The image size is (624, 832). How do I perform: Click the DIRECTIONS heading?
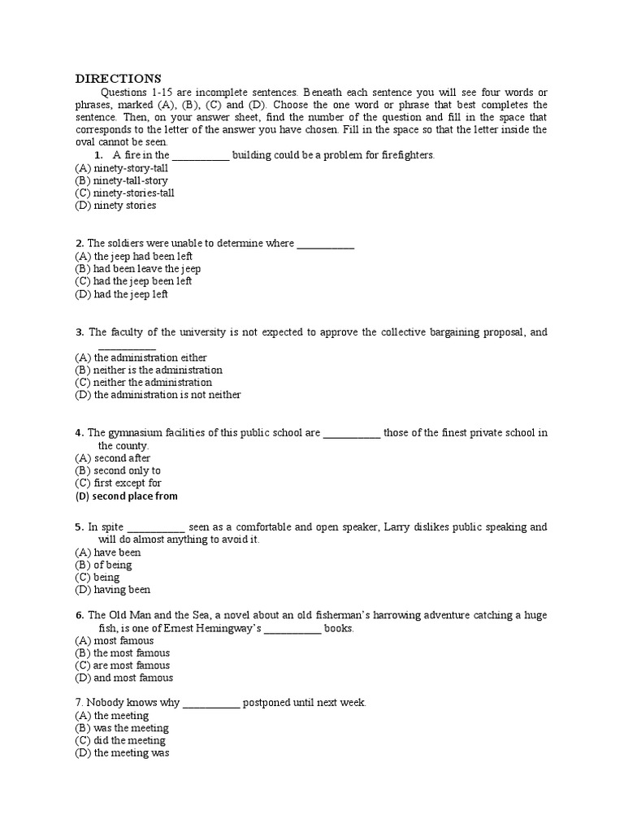[x=119, y=79]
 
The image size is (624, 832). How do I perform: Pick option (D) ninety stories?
[x=115, y=206]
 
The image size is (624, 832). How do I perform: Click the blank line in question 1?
[x=201, y=155]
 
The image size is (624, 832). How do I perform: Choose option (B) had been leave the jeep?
[x=138, y=269]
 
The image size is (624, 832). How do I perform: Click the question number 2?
[x=79, y=244]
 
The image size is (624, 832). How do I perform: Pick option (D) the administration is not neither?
[x=158, y=396]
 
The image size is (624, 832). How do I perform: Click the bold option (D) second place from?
[x=126, y=496]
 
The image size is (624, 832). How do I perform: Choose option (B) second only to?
[x=118, y=470]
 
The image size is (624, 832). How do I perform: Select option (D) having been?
[x=113, y=590]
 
